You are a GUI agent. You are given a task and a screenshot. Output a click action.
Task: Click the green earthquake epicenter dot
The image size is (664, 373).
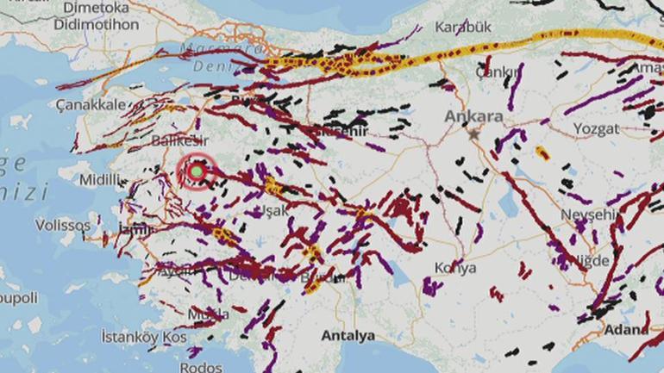(197, 171)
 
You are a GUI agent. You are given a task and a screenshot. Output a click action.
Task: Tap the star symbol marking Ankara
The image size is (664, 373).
(473, 134)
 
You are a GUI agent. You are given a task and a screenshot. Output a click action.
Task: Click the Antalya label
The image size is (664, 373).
(347, 334)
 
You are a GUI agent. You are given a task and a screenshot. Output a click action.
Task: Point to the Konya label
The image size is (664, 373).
(455, 268)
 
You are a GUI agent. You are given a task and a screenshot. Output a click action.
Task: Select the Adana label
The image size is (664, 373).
(627, 329)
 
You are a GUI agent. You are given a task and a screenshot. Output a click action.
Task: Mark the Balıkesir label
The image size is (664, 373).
(177, 140)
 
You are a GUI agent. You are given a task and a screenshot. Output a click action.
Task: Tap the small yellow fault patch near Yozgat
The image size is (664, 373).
(542, 153)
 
